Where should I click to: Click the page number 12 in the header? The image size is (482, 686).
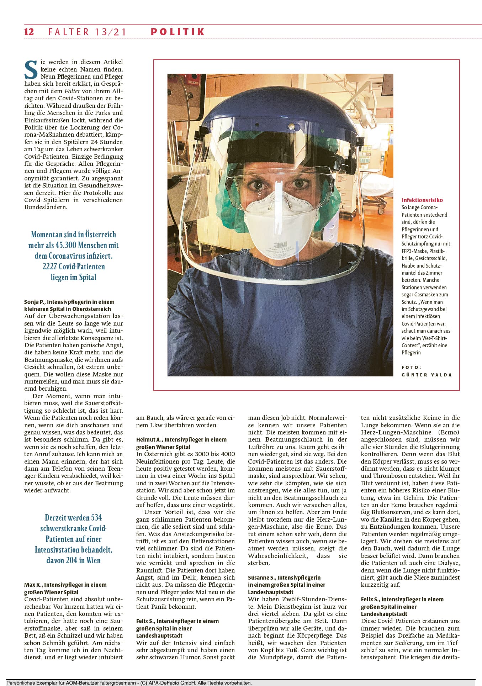click(x=29, y=32)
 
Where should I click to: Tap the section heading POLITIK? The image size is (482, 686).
click(x=178, y=32)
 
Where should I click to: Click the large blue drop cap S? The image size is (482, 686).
click(x=31, y=70)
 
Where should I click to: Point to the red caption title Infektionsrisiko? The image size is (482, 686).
click(x=422, y=200)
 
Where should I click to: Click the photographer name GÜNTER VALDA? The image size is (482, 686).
click(x=427, y=375)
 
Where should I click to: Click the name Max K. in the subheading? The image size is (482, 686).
click(x=33, y=585)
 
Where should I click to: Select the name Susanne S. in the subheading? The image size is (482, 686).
click(x=261, y=577)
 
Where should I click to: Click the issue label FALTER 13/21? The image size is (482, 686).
click(x=88, y=32)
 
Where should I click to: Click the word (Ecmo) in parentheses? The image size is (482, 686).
click(x=449, y=432)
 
